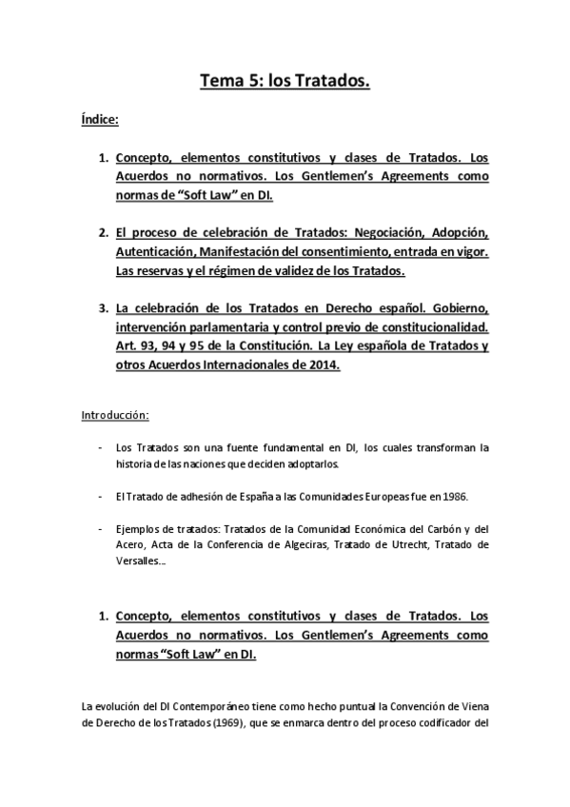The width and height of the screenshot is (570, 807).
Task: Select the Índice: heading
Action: [x=99, y=121]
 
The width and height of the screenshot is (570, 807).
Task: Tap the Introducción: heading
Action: [x=114, y=416]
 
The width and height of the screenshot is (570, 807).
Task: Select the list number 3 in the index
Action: [x=103, y=308]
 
